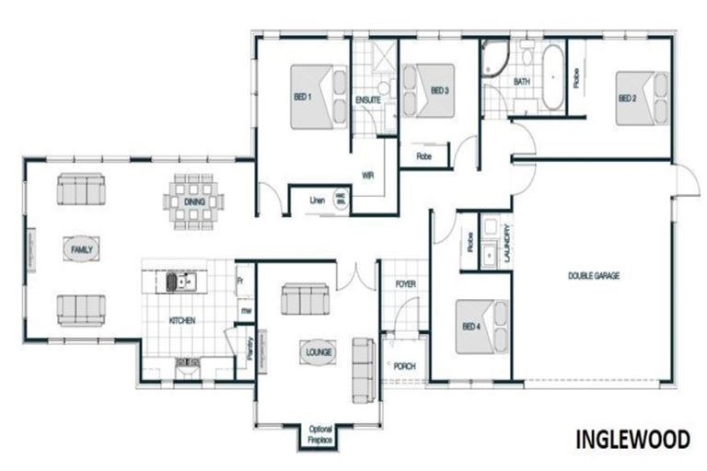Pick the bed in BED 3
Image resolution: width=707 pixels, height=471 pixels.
(432, 90)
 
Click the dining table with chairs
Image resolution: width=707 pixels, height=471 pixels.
(194, 199)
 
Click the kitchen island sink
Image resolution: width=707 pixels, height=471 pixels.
(174, 281)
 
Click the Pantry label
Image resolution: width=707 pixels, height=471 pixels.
(249, 346)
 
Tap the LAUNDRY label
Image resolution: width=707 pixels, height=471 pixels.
(506, 246)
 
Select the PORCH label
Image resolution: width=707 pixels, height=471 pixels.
(404, 366)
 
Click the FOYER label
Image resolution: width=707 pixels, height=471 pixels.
(405, 285)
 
